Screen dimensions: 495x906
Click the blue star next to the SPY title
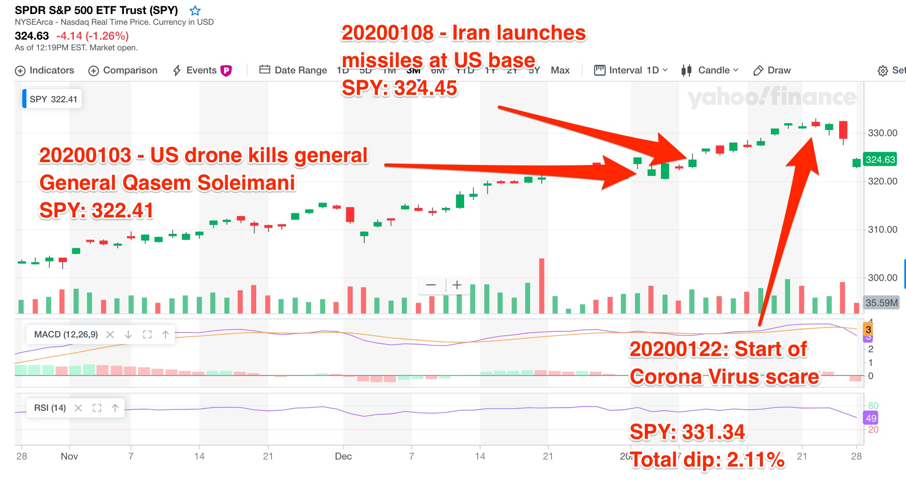pyautogui.click(x=195, y=11)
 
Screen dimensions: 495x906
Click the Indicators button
pyautogui.click(x=45, y=71)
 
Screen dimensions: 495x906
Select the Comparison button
pyautogui.click(x=123, y=71)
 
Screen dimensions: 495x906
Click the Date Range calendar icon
pyautogui.click(x=264, y=70)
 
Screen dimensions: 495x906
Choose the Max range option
pyautogui.click(x=560, y=71)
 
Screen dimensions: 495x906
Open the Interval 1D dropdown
pyautogui.click(x=631, y=71)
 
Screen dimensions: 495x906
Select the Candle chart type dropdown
pyautogui.click(x=710, y=71)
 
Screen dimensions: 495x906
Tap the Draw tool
pyautogui.click(x=772, y=71)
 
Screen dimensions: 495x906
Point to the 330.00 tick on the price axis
pyautogui.click(x=882, y=133)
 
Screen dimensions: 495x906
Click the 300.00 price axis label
pyautogui.click(x=882, y=278)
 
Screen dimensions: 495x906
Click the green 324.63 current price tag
pyautogui.click(x=880, y=160)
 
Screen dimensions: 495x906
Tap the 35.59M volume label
pyautogui.click(x=881, y=303)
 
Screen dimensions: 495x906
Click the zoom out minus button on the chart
pyautogui.click(x=431, y=285)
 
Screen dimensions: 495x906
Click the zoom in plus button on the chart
pyautogui.click(x=457, y=285)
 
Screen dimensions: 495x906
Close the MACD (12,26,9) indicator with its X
pyautogui.click(x=110, y=335)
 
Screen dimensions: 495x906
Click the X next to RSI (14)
pyautogui.click(x=78, y=408)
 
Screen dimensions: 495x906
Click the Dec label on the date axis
pyautogui.click(x=343, y=456)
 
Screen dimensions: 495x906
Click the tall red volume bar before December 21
pyautogui.click(x=541, y=285)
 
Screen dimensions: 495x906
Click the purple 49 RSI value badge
pyautogui.click(x=871, y=418)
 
